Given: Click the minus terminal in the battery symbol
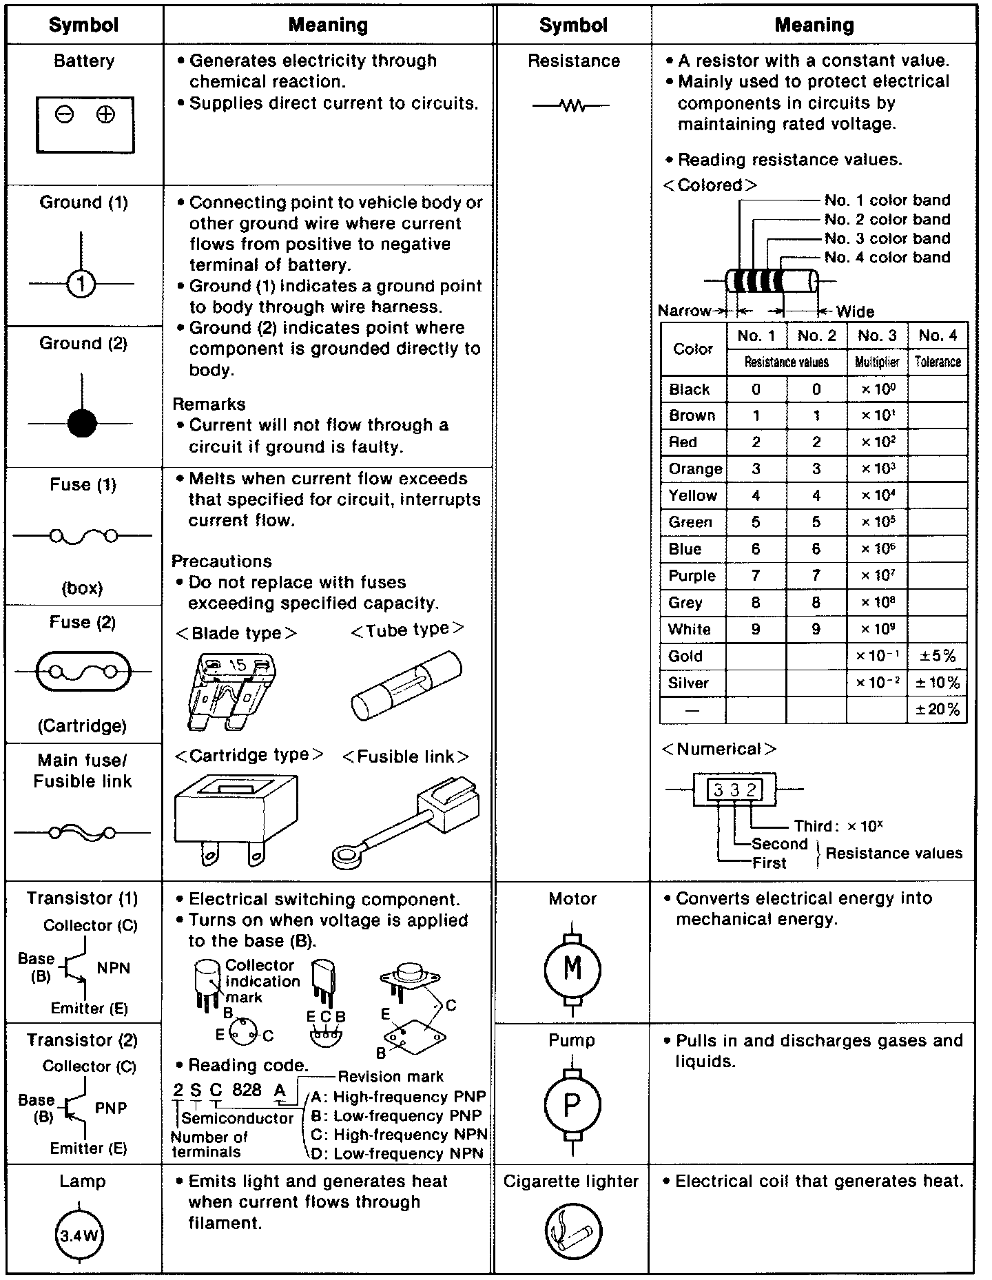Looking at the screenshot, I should tap(65, 115).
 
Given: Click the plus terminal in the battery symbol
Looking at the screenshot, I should tap(105, 115).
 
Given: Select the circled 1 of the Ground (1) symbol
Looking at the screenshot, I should tap(81, 283).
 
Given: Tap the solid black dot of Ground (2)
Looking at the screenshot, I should tap(82, 423).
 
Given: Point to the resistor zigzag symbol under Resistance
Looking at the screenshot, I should tap(572, 106).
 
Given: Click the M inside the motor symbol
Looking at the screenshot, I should tap(572, 969).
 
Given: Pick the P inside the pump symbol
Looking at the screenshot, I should tap(572, 1106).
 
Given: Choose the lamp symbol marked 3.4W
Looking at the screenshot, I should tap(79, 1235).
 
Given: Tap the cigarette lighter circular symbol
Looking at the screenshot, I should tap(573, 1232).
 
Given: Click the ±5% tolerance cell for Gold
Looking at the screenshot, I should tap(938, 656).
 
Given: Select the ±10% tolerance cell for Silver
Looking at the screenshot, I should tap(938, 683).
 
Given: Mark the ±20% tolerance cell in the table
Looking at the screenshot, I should tap(938, 710).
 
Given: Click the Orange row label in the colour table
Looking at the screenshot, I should tap(694, 469).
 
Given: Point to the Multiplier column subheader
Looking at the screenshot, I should tap(877, 362).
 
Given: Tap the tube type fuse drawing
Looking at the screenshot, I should tap(406, 686).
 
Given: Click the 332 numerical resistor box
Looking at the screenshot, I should tap(734, 790).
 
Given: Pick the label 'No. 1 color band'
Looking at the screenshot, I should tap(887, 200).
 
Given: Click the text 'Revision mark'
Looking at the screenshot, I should tap(391, 1076).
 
